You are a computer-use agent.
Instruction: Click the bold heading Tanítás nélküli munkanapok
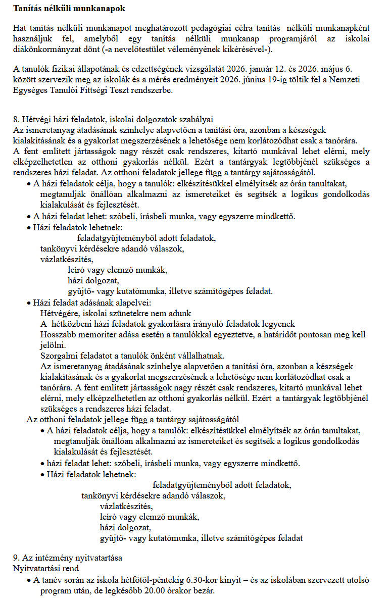(69, 9)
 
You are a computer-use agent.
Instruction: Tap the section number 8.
(16, 120)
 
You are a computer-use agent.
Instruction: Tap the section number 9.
(16, 559)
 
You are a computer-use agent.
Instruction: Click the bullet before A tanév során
(28, 580)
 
